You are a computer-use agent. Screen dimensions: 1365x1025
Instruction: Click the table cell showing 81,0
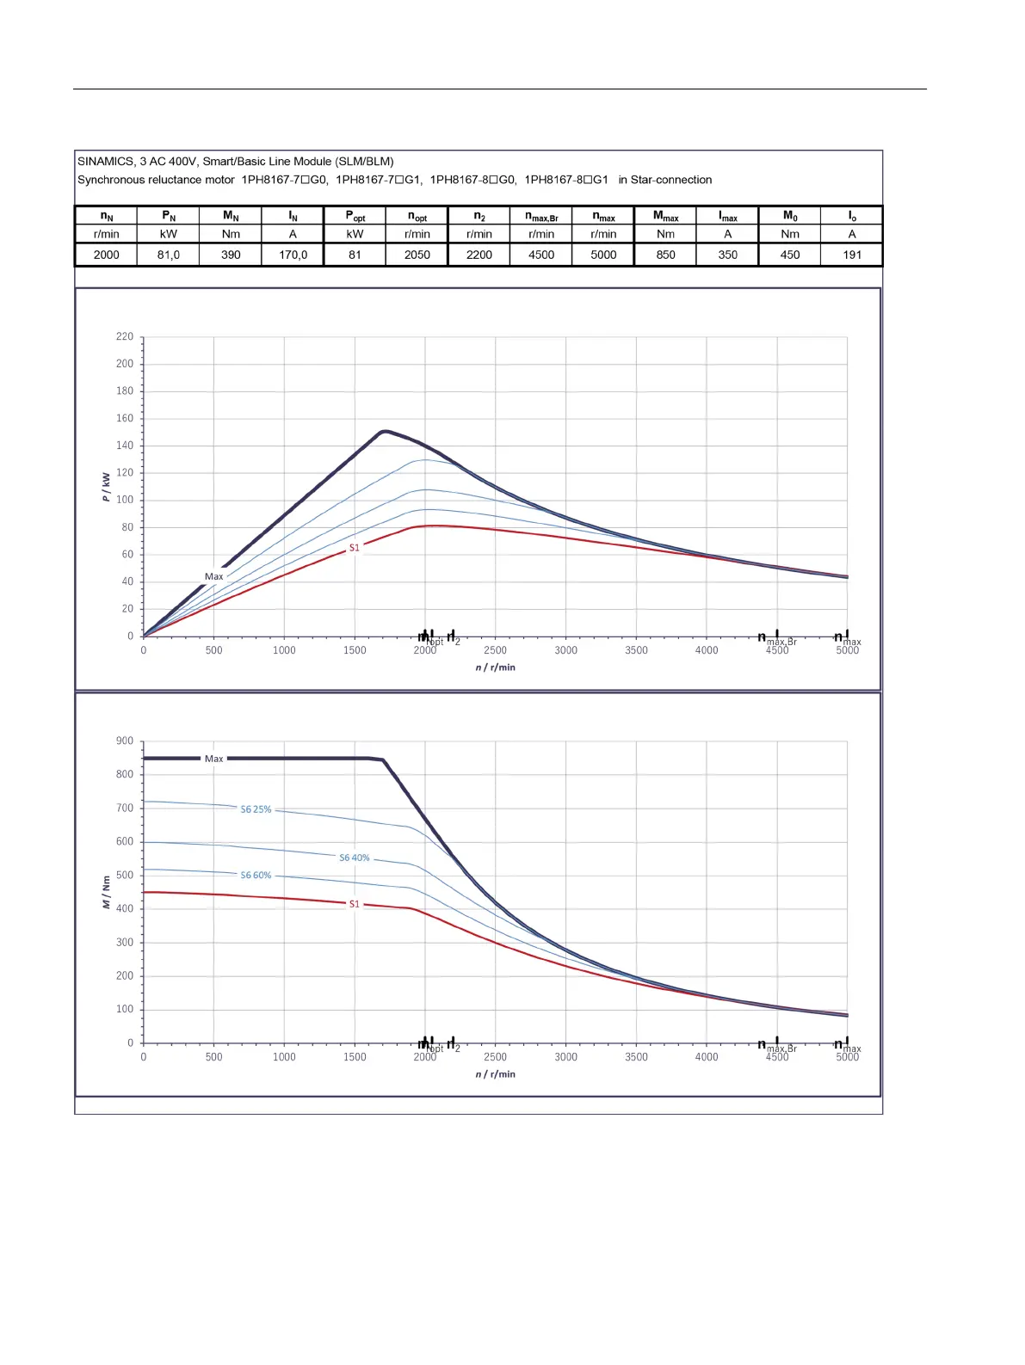[169, 255]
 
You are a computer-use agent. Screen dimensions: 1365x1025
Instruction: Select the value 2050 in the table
[417, 255]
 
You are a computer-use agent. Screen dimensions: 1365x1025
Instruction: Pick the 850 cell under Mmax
[665, 255]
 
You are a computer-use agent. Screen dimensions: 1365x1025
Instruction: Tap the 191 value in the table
[852, 255]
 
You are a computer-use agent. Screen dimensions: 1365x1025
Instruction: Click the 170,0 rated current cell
[293, 255]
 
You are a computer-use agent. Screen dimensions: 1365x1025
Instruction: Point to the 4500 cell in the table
[541, 255]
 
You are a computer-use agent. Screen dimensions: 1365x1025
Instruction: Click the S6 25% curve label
[256, 809]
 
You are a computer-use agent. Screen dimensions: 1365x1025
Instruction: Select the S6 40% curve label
[354, 858]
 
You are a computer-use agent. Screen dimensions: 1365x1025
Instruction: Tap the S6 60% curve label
[256, 876]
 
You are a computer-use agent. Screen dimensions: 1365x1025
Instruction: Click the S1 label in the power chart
[354, 548]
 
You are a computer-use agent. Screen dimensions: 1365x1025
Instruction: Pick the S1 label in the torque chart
[354, 904]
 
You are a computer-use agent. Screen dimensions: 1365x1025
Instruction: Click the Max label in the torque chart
[213, 759]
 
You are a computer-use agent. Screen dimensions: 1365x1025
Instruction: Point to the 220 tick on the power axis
[125, 337]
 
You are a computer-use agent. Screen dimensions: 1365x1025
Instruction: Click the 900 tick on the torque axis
[125, 741]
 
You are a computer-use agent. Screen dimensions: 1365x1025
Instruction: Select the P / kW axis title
[106, 487]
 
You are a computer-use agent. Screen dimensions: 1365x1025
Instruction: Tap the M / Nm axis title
[106, 892]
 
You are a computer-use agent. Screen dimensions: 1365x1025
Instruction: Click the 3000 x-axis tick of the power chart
[565, 650]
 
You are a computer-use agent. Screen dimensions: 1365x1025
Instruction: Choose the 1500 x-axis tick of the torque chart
[355, 1057]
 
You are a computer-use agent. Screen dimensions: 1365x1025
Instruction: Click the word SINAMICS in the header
[106, 162]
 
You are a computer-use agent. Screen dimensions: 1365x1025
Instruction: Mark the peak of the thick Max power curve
[385, 431]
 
